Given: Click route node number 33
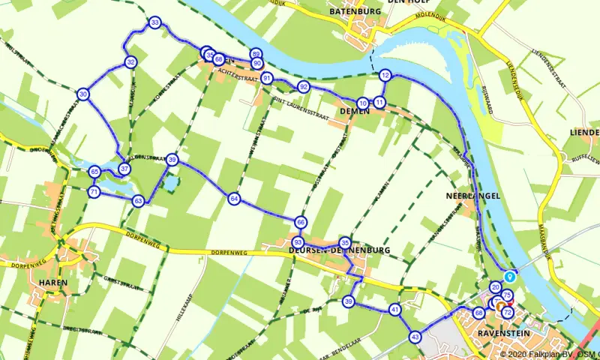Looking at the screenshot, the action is (x=154, y=23).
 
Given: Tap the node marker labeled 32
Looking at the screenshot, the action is (x=130, y=62).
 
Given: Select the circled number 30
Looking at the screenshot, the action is (x=82, y=94).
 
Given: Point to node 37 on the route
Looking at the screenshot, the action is (x=124, y=168).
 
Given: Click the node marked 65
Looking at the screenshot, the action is (x=94, y=172).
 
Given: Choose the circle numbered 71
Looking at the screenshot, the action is (x=94, y=192).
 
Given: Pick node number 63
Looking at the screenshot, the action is (x=138, y=201).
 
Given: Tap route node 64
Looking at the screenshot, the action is (x=235, y=199).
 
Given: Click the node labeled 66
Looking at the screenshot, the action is (x=301, y=222).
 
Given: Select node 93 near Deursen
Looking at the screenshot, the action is (x=298, y=242).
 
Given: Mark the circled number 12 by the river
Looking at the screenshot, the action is (x=385, y=75).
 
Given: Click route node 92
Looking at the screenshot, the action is (x=303, y=87).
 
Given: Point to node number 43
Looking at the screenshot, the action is (x=415, y=337).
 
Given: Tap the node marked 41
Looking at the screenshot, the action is (x=395, y=309).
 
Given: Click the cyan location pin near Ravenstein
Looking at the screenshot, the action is (x=510, y=274).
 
